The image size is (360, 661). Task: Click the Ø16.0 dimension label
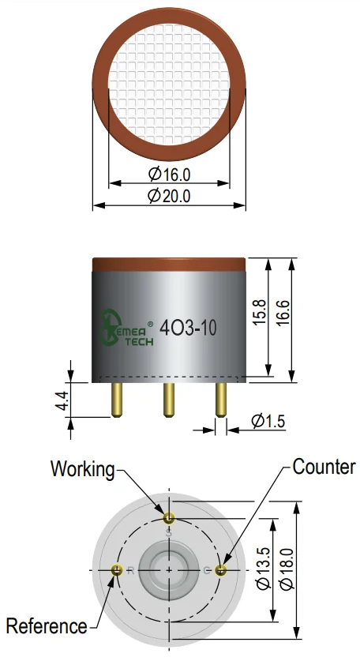click(170, 174)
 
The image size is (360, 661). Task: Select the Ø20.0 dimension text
click(170, 196)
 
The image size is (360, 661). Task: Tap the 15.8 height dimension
click(260, 312)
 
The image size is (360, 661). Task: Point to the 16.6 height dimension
click(283, 312)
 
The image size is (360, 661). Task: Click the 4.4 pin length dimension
click(62, 400)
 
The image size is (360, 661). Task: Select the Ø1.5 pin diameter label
click(268, 421)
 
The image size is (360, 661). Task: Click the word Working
click(83, 469)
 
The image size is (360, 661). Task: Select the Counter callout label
click(324, 467)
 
